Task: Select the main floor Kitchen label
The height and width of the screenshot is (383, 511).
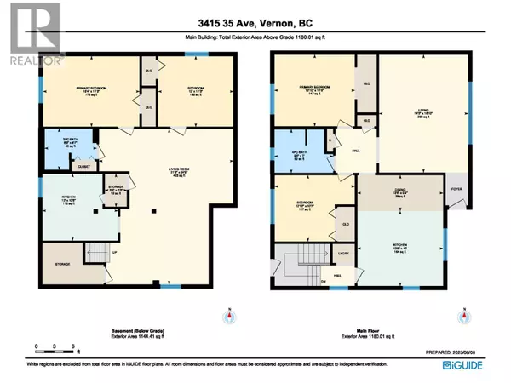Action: pos(399,247)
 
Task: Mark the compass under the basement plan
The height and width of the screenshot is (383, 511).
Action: pos(228,317)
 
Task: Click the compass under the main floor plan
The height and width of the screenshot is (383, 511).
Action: pos(462,317)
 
